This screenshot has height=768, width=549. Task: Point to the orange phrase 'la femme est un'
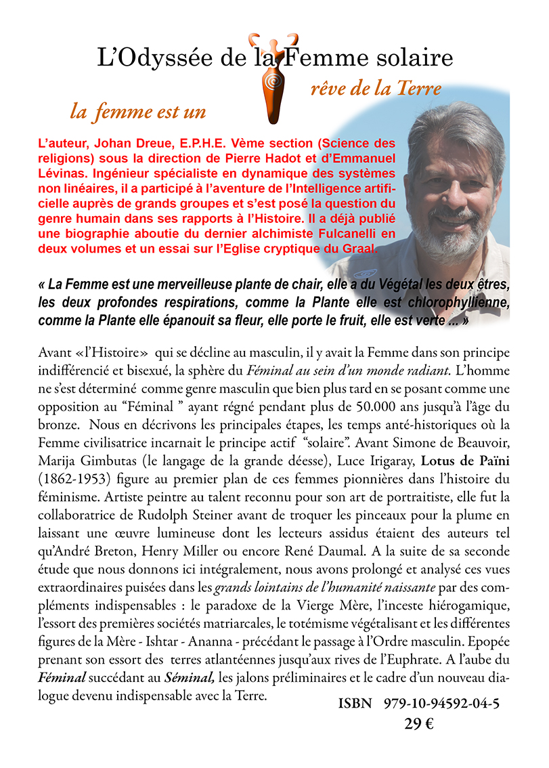(x=137, y=111)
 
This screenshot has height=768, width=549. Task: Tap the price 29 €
(x=419, y=724)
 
